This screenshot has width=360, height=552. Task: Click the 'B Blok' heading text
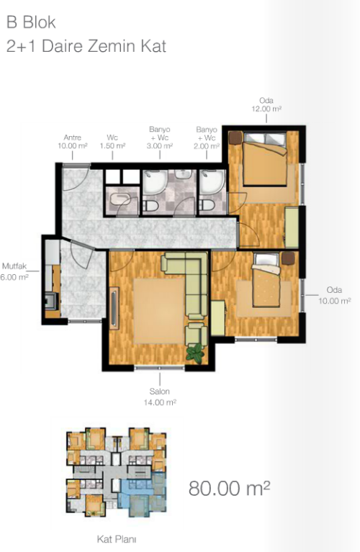coord(31,22)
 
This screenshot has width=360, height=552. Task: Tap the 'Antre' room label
coord(73,137)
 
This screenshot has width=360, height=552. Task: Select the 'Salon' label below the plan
coord(160,391)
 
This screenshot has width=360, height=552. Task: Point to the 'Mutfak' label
coord(14,266)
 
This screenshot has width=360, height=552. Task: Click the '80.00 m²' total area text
coord(229,488)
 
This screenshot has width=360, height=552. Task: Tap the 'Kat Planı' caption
coord(117,539)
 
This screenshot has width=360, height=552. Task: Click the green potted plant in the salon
coord(195,354)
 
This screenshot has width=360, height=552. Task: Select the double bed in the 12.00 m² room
coord(264,159)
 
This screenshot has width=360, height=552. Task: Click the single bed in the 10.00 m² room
coord(266,281)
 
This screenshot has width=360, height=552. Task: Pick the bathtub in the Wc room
coord(121,199)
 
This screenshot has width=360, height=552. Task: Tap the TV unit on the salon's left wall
coord(114,309)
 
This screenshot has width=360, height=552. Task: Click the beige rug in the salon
coord(159,311)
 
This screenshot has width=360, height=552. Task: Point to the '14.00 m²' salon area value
coord(160,402)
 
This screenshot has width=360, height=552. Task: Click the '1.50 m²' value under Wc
coord(113,146)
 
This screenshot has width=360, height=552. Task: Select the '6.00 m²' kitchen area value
coord(14,277)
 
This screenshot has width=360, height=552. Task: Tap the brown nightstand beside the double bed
coord(235,137)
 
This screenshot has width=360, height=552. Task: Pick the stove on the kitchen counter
coord(50,300)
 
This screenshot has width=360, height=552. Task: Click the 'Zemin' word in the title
coord(112,47)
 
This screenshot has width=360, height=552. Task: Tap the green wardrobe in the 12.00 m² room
coord(292,227)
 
